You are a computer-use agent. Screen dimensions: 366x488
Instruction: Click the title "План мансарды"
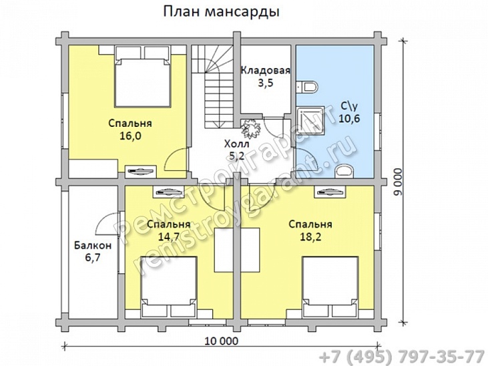[x=221, y=13]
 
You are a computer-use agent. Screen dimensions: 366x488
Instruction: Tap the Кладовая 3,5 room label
[x=265, y=77]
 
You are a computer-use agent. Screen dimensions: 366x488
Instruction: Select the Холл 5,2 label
[x=236, y=149]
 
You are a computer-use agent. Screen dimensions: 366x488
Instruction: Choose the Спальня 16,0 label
[x=130, y=130]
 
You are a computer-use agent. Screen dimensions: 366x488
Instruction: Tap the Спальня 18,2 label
[x=310, y=230]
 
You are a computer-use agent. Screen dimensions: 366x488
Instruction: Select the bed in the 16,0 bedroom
[x=141, y=77]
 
